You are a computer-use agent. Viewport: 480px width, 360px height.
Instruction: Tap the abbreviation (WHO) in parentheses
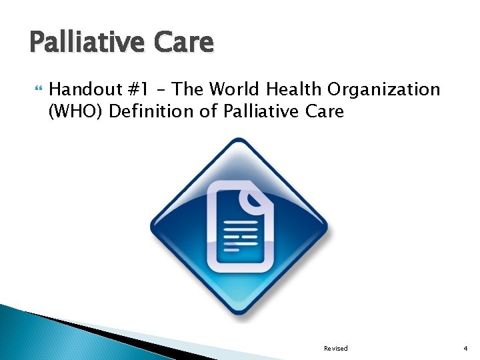coord(75,111)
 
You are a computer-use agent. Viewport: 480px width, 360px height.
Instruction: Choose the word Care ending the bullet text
coord(324,111)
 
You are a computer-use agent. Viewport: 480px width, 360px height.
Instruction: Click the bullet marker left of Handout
coord(36,89)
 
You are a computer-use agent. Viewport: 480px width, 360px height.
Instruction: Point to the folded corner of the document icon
coord(254,198)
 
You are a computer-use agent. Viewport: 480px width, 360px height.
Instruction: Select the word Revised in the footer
coord(335,349)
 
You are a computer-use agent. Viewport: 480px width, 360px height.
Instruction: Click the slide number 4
coord(466,349)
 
